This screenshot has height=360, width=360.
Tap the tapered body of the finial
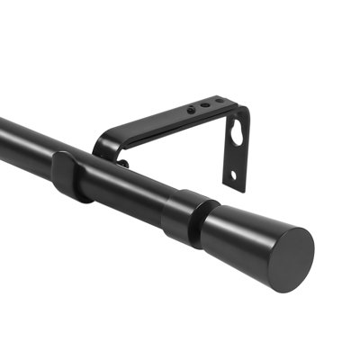tap(247, 236)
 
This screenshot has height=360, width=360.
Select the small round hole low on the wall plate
tap(231, 175)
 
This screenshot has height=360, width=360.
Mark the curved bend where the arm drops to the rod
tap(101, 144)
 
